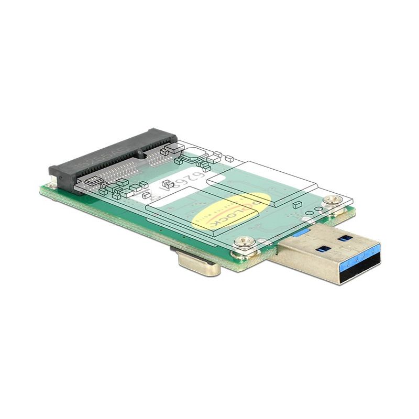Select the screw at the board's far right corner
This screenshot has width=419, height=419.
329,199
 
